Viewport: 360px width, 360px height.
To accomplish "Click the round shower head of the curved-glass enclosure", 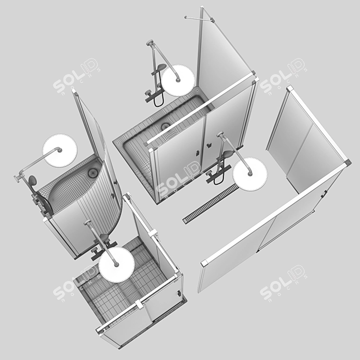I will [60, 150].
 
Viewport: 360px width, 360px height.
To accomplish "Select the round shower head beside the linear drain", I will [250, 173].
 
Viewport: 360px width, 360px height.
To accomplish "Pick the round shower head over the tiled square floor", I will [116, 264].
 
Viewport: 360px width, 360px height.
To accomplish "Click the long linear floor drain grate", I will [210, 204].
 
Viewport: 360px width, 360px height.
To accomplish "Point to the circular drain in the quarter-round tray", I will [93, 172].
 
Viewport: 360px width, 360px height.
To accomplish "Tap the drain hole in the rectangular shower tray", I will [165, 127].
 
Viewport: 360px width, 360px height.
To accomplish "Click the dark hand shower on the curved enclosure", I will [33, 181].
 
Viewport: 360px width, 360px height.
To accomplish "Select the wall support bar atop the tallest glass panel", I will [199, 18].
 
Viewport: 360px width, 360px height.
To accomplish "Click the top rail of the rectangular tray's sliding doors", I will [201, 110].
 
